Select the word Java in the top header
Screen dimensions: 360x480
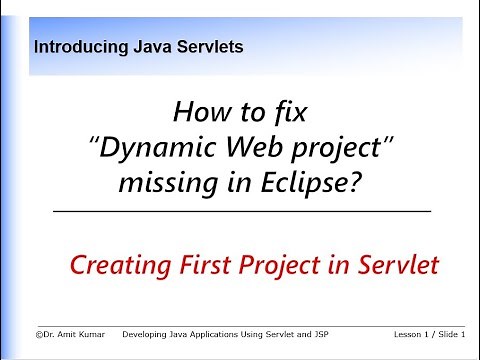(x=147, y=46)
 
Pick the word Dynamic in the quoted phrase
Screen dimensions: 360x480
(x=152, y=149)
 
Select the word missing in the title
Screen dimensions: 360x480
(x=183, y=185)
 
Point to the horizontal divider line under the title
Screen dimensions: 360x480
(x=240, y=213)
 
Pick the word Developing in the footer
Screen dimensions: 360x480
(x=144, y=333)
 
